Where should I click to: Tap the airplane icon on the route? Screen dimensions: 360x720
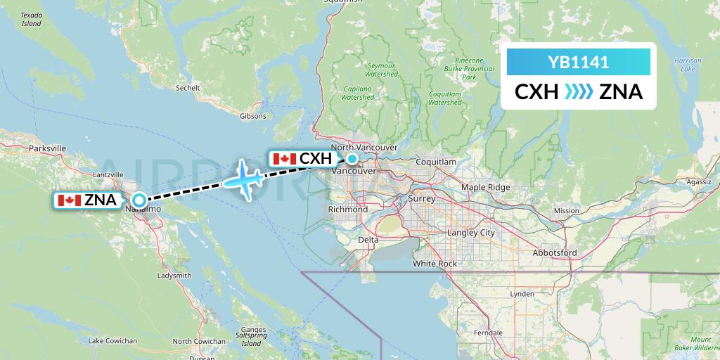pyautogui.click(x=243, y=179)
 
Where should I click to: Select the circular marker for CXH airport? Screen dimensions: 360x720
pyautogui.click(x=352, y=159)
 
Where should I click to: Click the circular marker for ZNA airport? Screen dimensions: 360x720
pyautogui.click(x=139, y=200)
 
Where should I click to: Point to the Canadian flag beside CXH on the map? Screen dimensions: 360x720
pyautogui.click(x=284, y=159)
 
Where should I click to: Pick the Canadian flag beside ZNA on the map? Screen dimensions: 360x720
pyautogui.click(x=68, y=200)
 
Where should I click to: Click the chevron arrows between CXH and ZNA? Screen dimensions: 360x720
pyautogui.click(x=578, y=92)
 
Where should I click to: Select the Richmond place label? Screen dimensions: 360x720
pyautogui.click(x=348, y=210)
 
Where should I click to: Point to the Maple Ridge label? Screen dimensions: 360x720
pyautogui.click(x=485, y=187)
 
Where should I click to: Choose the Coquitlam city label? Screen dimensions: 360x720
pyautogui.click(x=436, y=162)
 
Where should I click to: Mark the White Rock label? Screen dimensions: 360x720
pyautogui.click(x=435, y=264)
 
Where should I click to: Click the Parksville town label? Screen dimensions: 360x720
pyautogui.click(x=48, y=148)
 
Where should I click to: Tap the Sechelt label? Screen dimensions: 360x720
pyautogui.click(x=188, y=89)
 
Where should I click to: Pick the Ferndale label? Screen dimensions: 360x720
pyautogui.click(x=488, y=332)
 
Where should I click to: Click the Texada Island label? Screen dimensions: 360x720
pyautogui.click(x=31, y=19)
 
